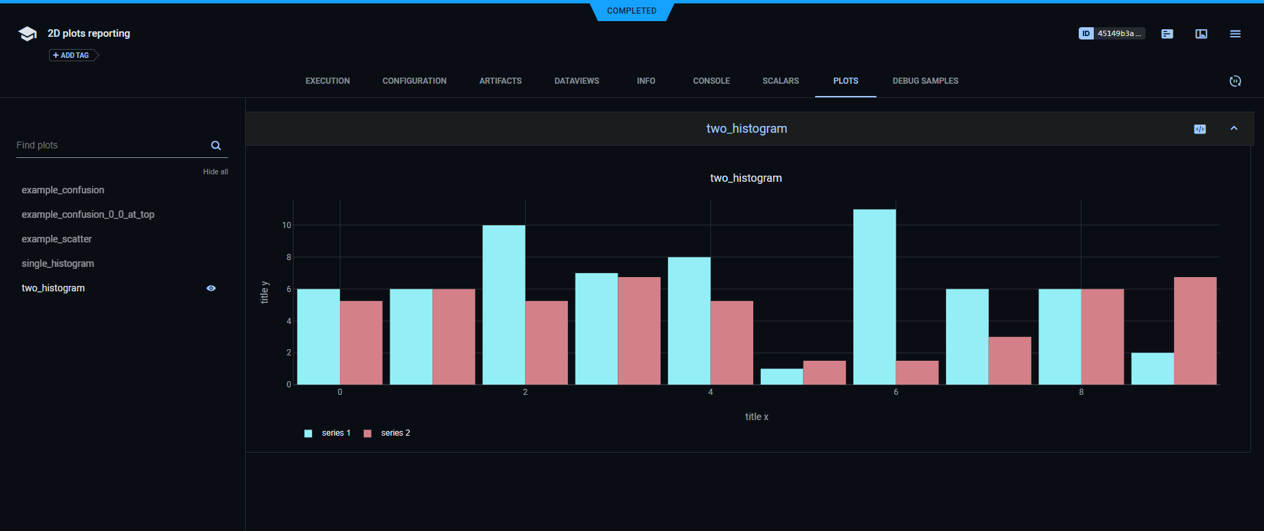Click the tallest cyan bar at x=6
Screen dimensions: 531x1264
click(874, 297)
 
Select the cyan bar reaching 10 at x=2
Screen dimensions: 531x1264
click(504, 305)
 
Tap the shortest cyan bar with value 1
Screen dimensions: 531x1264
click(782, 376)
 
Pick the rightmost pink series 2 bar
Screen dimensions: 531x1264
click(1195, 331)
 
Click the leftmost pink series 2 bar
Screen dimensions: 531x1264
click(361, 342)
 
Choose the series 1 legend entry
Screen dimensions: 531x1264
click(328, 433)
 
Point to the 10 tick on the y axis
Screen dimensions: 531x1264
click(287, 225)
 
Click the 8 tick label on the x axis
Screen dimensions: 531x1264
click(1081, 392)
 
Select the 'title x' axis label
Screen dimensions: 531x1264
click(756, 417)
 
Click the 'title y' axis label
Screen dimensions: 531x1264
click(265, 292)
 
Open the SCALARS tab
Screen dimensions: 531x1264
click(780, 81)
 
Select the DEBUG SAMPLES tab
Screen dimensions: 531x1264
click(925, 81)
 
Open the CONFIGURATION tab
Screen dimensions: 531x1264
click(414, 81)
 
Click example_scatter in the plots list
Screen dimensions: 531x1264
click(57, 239)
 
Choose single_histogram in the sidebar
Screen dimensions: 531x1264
click(58, 263)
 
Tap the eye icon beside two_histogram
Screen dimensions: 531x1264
click(211, 288)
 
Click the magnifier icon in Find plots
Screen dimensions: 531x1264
click(216, 146)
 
